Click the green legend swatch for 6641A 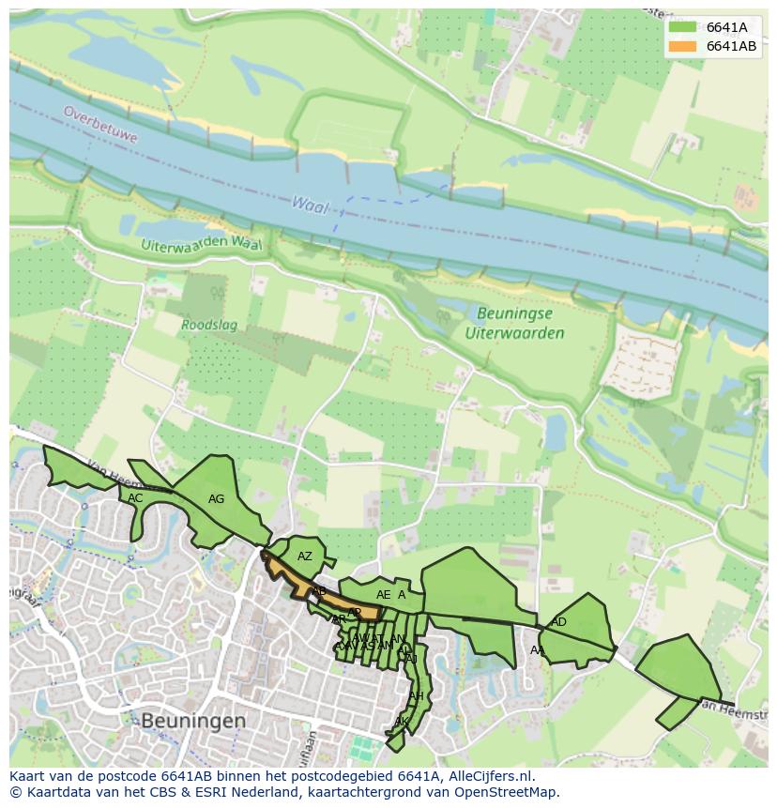tap(682, 27)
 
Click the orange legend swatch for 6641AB tap(682, 46)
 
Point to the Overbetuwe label tap(100, 124)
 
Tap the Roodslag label tap(209, 326)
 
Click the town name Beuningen tap(193, 721)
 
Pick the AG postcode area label tap(216, 499)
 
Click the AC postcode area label tap(136, 498)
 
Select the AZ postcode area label tap(305, 556)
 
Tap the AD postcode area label tap(559, 622)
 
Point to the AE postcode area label tap(383, 595)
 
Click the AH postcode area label tap(416, 695)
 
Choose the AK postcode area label tap(401, 722)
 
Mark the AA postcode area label tap(537, 650)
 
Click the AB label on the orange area tap(320, 592)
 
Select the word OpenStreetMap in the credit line tap(510, 792)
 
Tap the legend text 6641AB tap(732, 46)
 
